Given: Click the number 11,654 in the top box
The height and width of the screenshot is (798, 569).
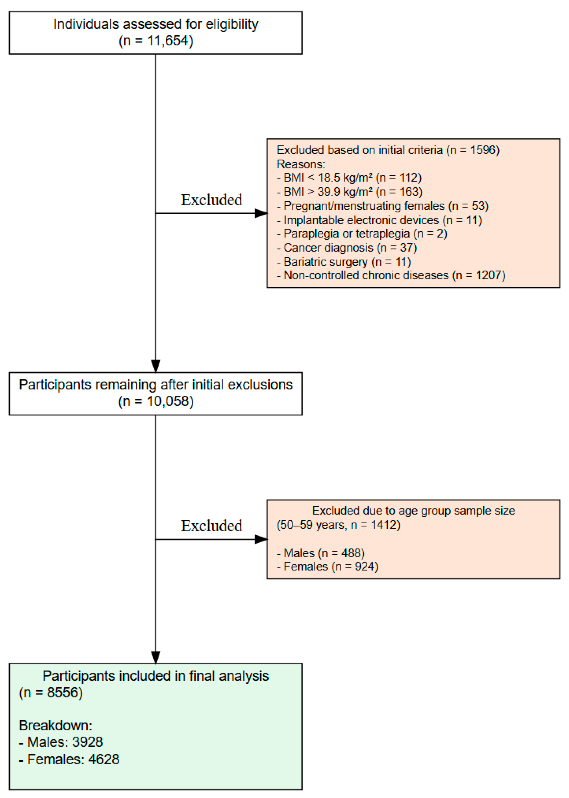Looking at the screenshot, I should (167, 41).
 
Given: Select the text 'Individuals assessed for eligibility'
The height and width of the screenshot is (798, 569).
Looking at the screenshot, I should (156, 25).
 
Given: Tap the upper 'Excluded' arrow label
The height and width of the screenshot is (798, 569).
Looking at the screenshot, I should (211, 200).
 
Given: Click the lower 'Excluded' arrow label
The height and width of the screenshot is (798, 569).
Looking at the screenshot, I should (211, 526).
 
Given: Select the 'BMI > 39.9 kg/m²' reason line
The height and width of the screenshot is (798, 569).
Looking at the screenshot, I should (349, 192).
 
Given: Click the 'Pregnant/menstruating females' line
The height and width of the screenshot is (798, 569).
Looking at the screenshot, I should (382, 206).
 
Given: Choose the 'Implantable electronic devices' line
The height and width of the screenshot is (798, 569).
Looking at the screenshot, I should (379, 220).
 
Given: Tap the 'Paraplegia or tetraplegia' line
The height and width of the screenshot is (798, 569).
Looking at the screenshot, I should (362, 234).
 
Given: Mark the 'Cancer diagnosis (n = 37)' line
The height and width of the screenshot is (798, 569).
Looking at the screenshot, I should (346, 248).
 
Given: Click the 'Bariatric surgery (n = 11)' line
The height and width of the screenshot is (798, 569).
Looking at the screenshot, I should (343, 262).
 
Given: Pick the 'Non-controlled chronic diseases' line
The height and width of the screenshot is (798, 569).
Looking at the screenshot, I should (391, 275).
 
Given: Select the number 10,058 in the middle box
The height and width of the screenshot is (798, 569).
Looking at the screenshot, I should (167, 401).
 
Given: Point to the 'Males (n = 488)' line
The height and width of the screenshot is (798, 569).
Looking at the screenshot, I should (320, 553).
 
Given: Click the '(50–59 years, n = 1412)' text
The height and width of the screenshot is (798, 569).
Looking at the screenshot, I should (338, 525).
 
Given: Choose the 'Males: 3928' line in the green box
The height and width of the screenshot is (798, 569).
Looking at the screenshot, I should (61, 742).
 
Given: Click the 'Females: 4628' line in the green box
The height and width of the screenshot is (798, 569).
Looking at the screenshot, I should (69, 759).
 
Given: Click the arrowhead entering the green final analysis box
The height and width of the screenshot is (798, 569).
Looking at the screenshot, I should (156, 657).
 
